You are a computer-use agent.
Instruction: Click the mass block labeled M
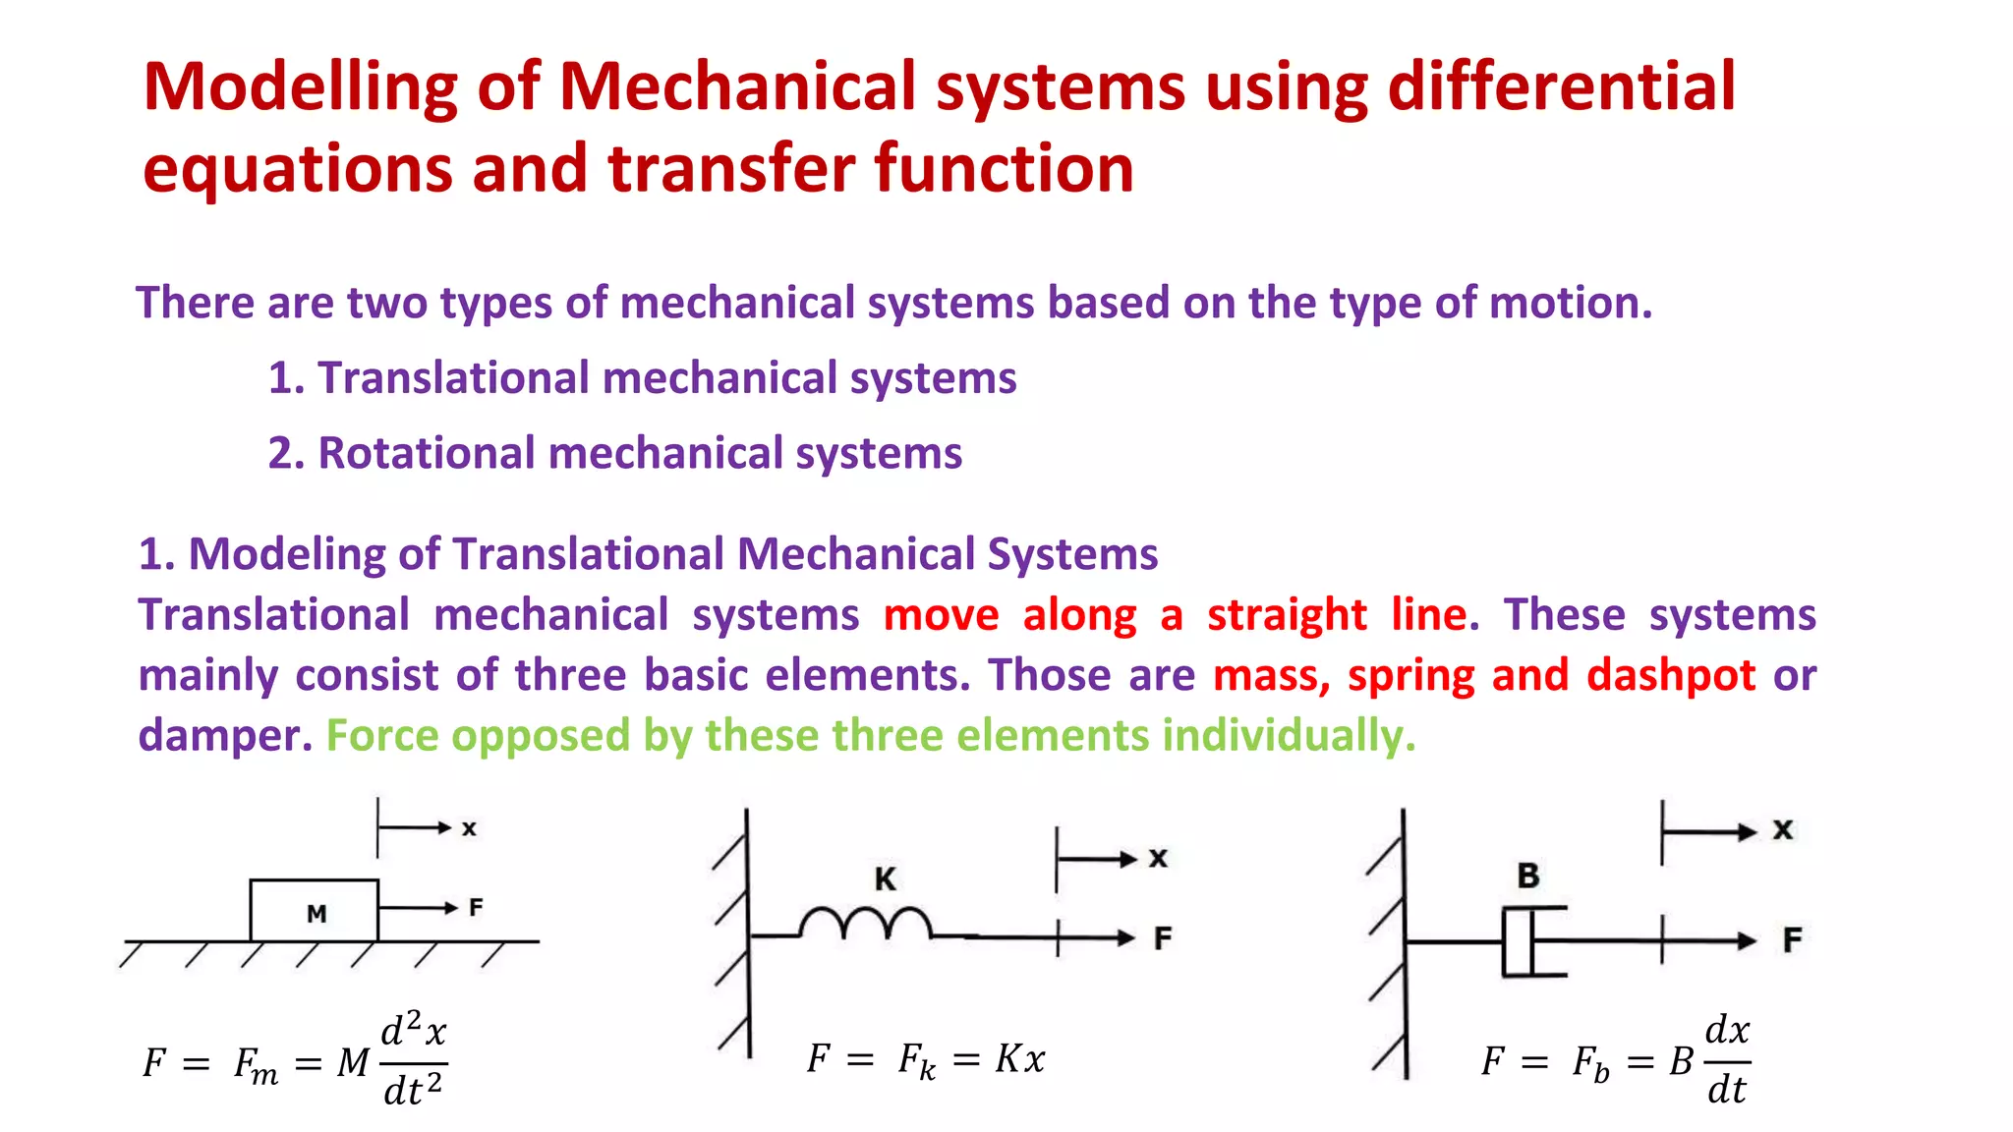315,911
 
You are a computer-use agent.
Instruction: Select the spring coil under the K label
865,925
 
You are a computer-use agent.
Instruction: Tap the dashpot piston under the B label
1519,941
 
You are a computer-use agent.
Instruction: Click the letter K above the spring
886,878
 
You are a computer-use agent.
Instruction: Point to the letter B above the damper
1527,875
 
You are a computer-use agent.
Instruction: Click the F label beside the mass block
476,907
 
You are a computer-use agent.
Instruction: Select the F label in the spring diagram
1163,938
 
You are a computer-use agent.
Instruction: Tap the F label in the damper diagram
1793,940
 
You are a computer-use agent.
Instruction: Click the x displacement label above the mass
469,828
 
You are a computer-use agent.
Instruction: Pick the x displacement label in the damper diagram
1783,830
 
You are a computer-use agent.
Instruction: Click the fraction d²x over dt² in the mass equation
414,1061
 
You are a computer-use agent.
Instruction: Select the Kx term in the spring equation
1020,1059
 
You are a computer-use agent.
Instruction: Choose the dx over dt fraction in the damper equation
1727,1060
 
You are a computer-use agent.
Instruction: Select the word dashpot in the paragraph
1671,675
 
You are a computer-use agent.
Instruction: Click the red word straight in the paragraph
1287,615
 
